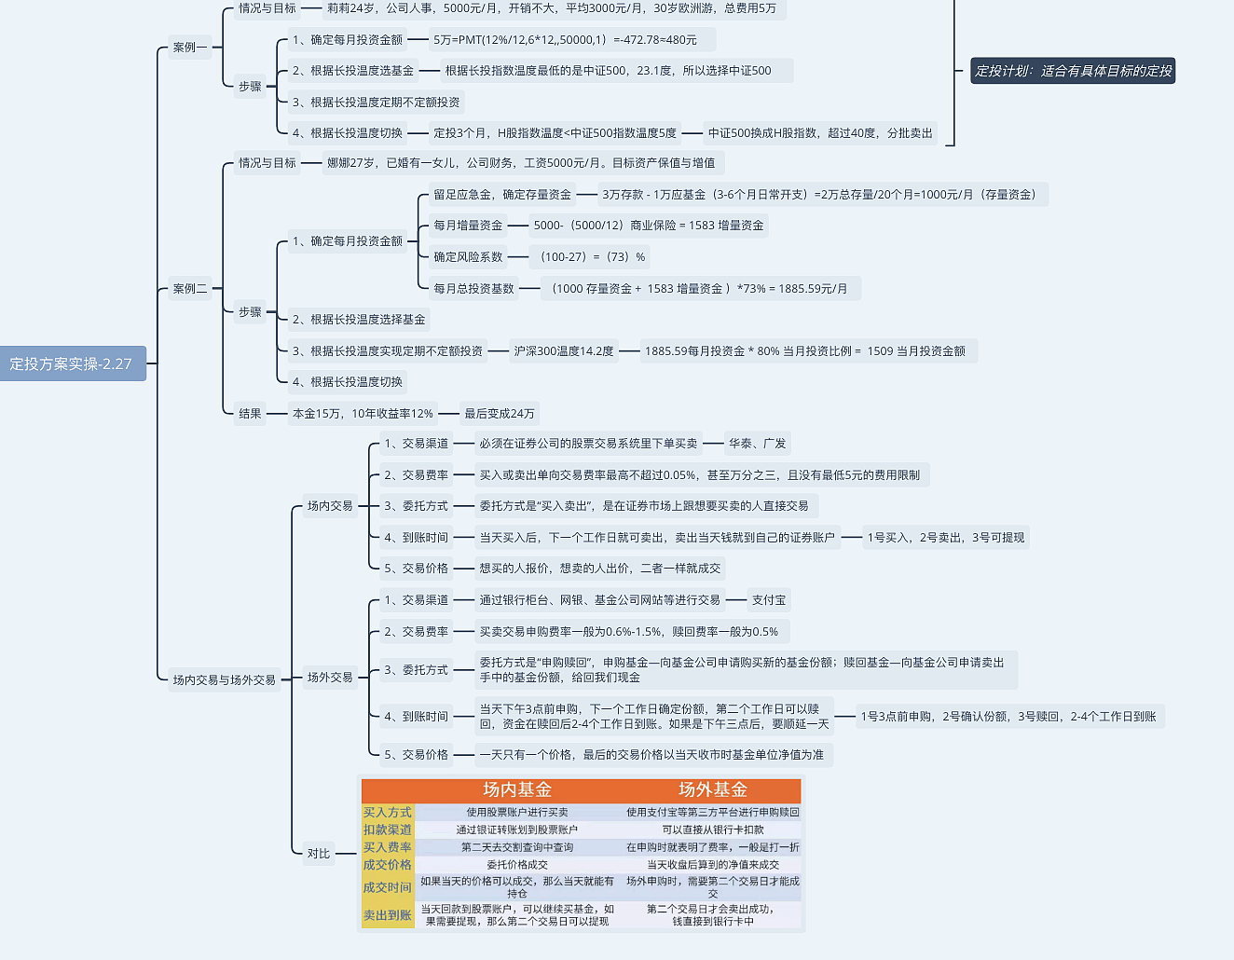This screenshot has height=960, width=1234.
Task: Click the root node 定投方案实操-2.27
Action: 71,363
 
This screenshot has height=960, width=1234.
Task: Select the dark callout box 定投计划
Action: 1073,71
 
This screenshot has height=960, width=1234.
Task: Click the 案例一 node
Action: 189,48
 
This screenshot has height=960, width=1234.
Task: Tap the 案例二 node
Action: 189,289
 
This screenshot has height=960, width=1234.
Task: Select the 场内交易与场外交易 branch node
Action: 224,680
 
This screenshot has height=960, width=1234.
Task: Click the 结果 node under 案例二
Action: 250,414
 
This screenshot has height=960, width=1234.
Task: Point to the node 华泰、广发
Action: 757,444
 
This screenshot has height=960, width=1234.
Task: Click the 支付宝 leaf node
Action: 769,600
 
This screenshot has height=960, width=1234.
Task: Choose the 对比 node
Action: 319,854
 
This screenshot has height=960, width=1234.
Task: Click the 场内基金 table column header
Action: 517,790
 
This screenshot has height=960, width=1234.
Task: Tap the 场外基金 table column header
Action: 713,790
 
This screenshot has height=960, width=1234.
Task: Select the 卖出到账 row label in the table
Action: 387,915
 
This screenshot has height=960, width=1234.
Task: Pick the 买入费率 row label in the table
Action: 387,847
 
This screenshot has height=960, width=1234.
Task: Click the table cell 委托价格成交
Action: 517,865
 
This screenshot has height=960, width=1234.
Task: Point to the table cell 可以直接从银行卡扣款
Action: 713,830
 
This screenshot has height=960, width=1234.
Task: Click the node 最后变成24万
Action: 500,414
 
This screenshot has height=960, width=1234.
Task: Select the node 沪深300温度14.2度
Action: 564,351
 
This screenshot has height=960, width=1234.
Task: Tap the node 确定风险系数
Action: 468,257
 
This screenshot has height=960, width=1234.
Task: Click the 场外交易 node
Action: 330,678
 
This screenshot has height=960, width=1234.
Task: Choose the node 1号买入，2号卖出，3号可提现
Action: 945,538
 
